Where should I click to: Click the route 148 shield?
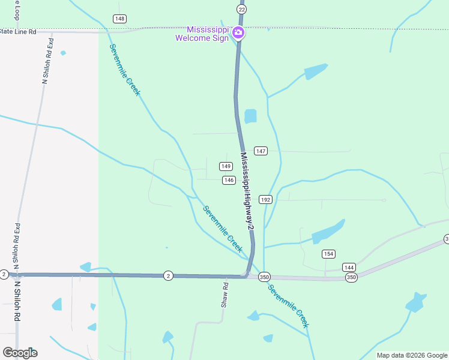[119, 19]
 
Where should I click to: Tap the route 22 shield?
[242, 10]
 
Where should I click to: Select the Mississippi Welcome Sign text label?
[202, 34]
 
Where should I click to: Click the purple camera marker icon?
[238, 32]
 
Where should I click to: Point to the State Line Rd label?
[18, 31]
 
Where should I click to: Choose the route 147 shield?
[260, 151]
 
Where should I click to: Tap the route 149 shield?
[226, 166]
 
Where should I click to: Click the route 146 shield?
[228, 180]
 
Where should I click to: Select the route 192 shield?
[266, 199]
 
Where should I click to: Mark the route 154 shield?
[328, 254]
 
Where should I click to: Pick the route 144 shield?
[349, 267]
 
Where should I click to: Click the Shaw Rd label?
[226, 295]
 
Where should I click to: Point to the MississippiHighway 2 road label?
[247, 190]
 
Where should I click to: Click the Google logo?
[20, 353]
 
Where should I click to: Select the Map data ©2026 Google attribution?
[412, 355]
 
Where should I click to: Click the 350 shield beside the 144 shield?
[351, 277]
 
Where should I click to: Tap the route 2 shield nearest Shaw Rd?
[169, 275]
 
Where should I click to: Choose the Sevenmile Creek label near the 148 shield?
[124, 70]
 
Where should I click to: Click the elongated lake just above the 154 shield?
[328, 231]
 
